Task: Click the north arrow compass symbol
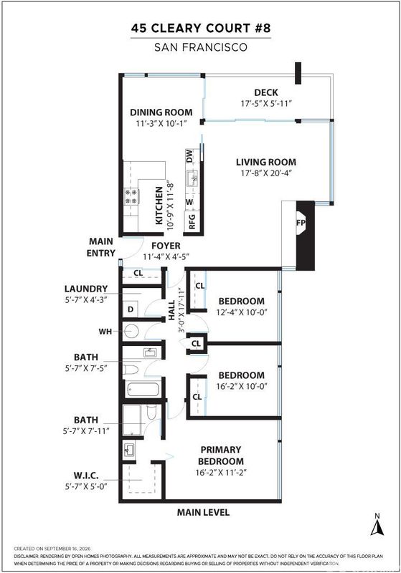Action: [x=377, y=525]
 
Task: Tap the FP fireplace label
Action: [x=301, y=222]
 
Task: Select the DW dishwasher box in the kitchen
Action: [x=189, y=156]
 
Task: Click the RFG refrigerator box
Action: [x=192, y=221]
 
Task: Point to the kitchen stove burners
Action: [x=131, y=196]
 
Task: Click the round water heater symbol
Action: [x=131, y=331]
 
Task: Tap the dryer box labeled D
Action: [x=131, y=309]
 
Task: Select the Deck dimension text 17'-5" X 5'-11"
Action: [x=266, y=103]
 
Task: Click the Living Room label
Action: [x=266, y=162]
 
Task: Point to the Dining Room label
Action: [x=161, y=112]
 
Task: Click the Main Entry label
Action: [x=101, y=247]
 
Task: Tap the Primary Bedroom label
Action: [x=221, y=456]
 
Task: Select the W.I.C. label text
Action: [x=86, y=476]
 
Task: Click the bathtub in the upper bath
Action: [x=143, y=390]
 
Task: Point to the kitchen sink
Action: [x=192, y=178]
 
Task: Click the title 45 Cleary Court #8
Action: [x=201, y=28]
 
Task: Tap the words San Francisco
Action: [x=201, y=47]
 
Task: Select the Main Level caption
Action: [x=203, y=512]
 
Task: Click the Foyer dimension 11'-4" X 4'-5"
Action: [x=166, y=256]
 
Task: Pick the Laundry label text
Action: [x=86, y=289]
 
